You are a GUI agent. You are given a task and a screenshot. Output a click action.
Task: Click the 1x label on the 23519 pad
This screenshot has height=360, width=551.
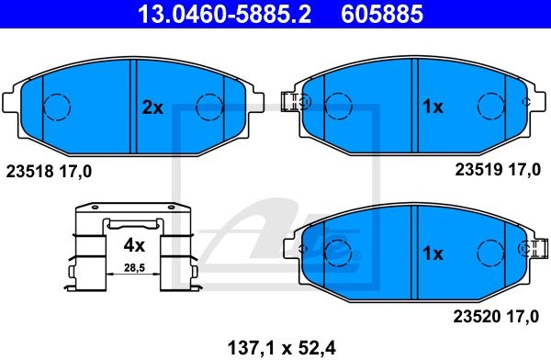(x=432, y=107)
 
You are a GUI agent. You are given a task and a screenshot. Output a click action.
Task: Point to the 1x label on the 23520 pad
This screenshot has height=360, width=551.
(x=432, y=253)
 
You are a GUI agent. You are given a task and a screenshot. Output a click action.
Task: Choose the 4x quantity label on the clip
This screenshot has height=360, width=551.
(x=134, y=245)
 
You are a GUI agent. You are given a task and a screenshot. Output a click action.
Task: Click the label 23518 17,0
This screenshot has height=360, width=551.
(x=50, y=171)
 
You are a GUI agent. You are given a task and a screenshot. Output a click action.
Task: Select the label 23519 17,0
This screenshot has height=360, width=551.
(x=500, y=171)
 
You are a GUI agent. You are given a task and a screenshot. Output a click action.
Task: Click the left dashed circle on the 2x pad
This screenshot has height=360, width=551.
(x=58, y=107)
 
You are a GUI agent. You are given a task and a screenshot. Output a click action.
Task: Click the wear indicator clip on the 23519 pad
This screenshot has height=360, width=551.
(x=291, y=102)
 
